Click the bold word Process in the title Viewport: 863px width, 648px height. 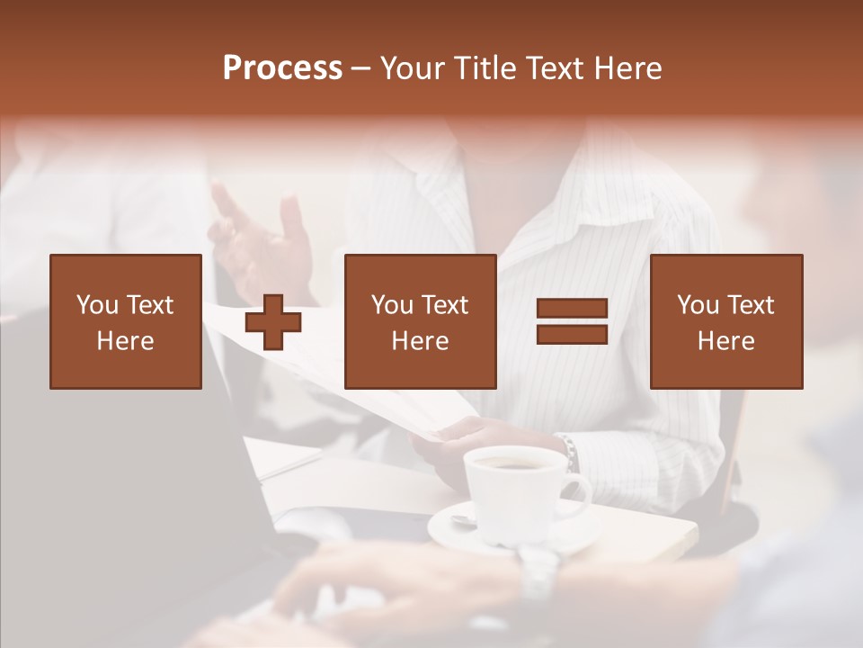[x=282, y=68]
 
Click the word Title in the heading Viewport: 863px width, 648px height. [x=487, y=68]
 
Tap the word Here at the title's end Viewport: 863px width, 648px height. [x=627, y=68]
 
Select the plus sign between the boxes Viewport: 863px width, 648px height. [x=273, y=321]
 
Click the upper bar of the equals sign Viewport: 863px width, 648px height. [x=572, y=308]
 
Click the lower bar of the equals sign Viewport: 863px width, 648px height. [x=572, y=334]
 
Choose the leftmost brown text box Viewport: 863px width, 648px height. [x=126, y=321]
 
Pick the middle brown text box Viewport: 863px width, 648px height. [x=420, y=321]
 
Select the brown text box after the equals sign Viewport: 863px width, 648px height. [x=725, y=321]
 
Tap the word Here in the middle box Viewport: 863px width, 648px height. [x=420, y=341]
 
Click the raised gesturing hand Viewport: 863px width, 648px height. [x=261, y=238]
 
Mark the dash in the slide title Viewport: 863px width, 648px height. [x=361, y=68]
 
